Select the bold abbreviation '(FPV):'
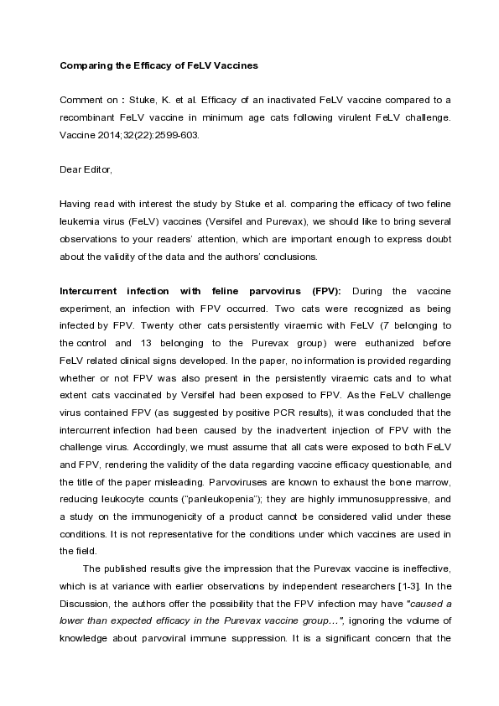[320, 291]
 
